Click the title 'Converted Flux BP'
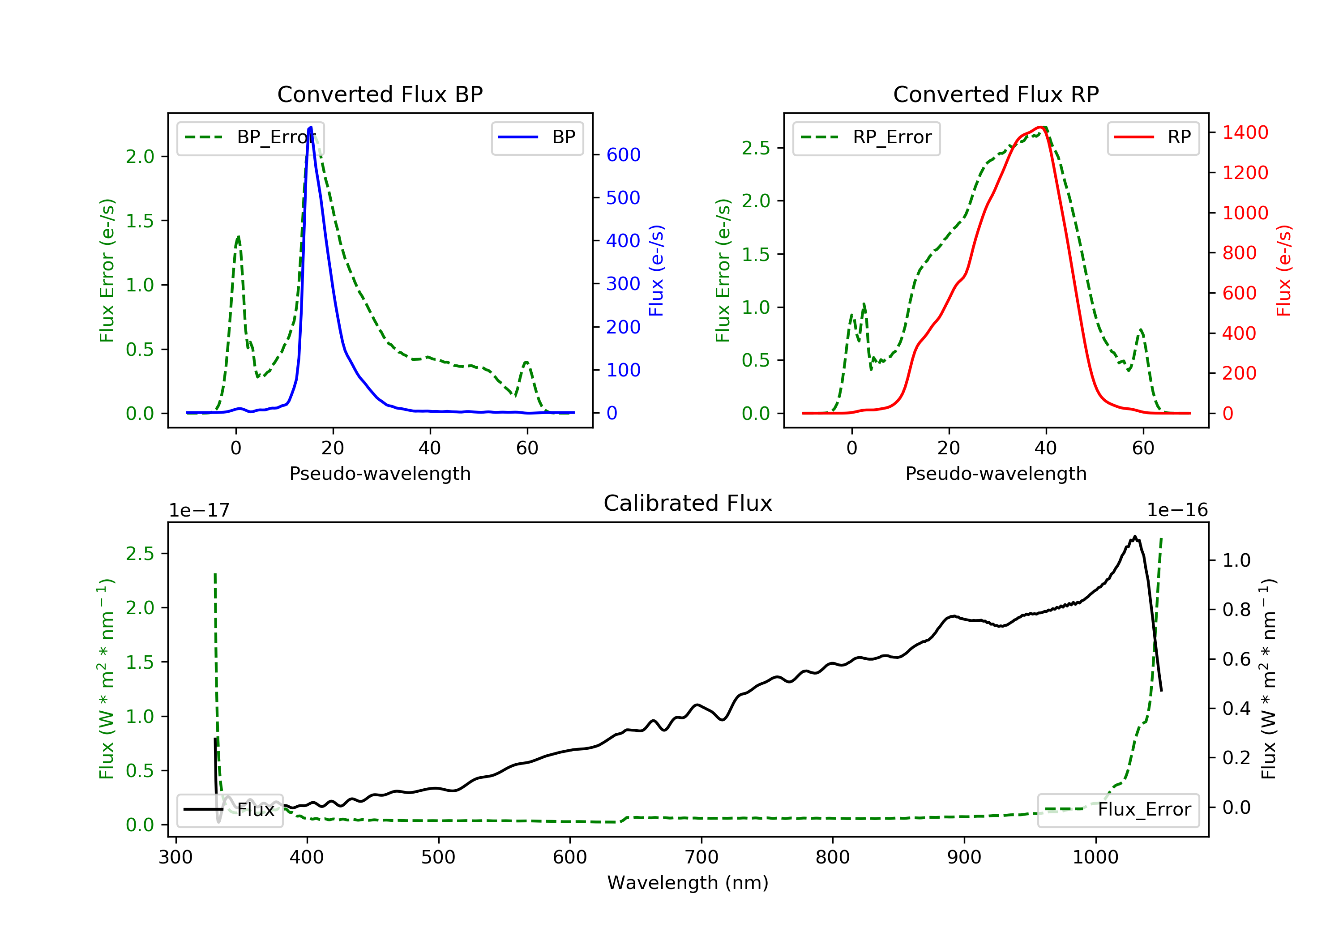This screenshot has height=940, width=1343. click(380, 94)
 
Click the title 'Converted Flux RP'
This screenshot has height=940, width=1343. click(996, 94)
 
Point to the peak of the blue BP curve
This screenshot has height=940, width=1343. click(311, 127)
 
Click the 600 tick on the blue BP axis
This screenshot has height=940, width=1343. click(623, 155)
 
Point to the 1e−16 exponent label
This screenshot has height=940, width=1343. click(1177, 510)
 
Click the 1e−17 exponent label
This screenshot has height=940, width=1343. click(199, 510)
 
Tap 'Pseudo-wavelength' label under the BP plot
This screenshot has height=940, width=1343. click(380, 473)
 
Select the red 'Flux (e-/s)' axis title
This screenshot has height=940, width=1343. click(1283, 270)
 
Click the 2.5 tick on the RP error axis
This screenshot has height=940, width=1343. click(755, 149)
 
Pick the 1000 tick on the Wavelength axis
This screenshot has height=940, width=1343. click(1095, 858)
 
